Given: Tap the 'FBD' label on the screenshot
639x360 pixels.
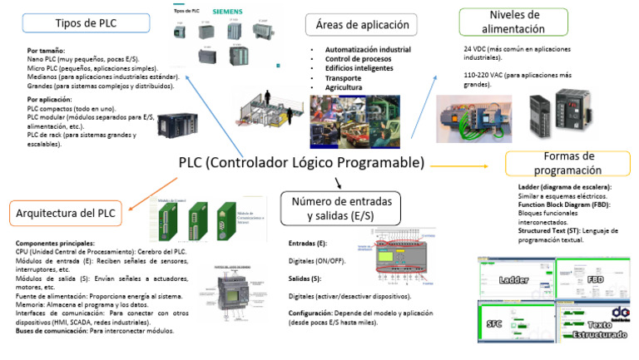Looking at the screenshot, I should (596, 280).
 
